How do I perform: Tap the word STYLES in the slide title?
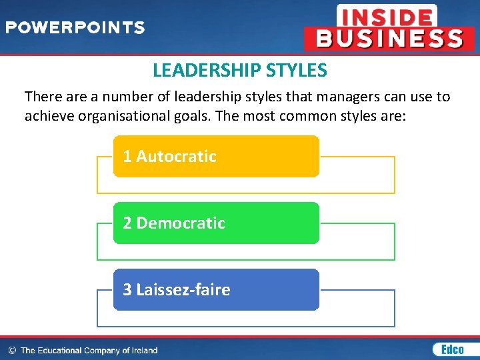tap(296, 70)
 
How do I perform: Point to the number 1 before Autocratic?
tap(127, 156)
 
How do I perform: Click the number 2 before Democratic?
tap(127, 223)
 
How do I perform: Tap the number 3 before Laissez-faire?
tap(127, 289)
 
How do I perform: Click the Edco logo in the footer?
tap(453, 349)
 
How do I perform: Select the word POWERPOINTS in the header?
tap(75, 28)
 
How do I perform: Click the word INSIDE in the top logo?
tap(387, 16)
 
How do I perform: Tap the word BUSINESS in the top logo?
tap(389, 38)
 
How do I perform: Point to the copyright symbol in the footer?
tap(12, 351)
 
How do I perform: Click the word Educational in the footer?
tap(60, 351)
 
